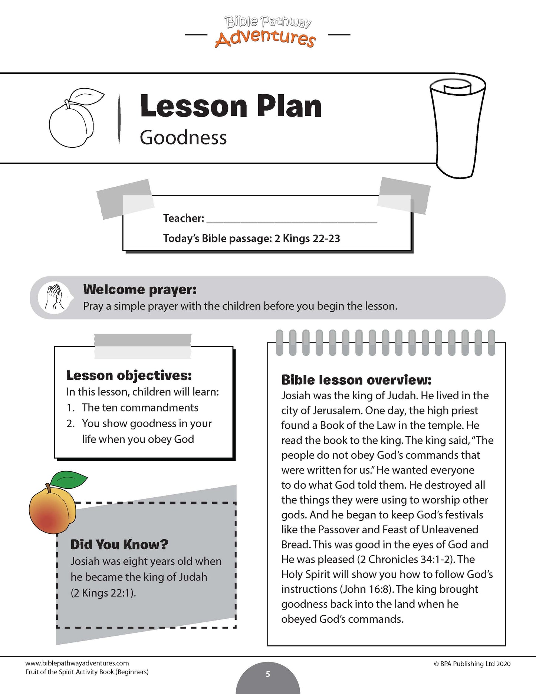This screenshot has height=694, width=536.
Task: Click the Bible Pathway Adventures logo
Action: (267, 32)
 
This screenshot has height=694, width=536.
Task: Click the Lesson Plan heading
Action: (231, 107)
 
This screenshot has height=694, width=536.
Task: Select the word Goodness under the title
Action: (183, 138)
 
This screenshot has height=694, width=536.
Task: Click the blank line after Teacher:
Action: (292, 219)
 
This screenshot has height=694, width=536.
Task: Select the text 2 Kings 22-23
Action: (307, 239)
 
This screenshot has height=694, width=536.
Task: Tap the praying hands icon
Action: (54, 297)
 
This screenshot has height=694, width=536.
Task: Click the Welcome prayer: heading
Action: (140, 289)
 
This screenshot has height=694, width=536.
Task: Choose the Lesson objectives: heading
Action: (129, 375)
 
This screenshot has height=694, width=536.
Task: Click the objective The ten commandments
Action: (140, 407)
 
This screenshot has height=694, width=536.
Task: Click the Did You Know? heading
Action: (119, 544)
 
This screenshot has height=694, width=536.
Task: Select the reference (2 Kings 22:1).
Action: (103, 593)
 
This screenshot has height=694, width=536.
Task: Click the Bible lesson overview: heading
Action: (356, 380)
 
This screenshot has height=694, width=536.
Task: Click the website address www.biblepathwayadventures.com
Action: (77, 663)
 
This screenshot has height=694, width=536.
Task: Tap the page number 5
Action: (268, 674)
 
